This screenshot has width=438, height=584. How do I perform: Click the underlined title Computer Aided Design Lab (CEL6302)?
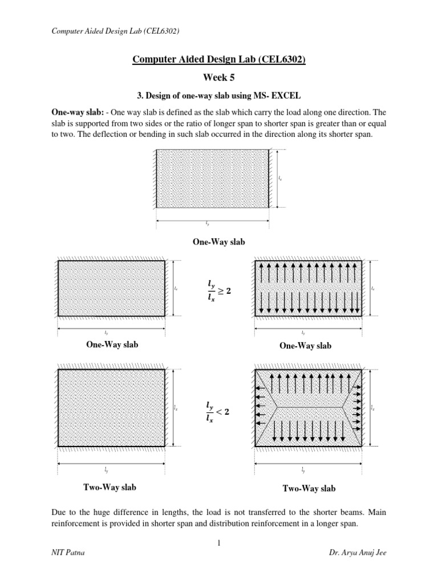click(219, 60)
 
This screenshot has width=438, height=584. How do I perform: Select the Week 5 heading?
click(219, 76)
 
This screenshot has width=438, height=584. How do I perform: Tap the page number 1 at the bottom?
click(219, 543)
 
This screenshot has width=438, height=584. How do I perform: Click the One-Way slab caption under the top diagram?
click(219, 242)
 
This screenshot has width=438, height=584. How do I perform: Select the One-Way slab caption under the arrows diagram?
click(305, 346)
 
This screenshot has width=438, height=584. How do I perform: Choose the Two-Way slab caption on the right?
click(308, 489)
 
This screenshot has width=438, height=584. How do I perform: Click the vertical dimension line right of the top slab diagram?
click(276, 179)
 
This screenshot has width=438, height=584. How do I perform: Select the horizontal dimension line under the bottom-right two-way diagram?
click(302, 464)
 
